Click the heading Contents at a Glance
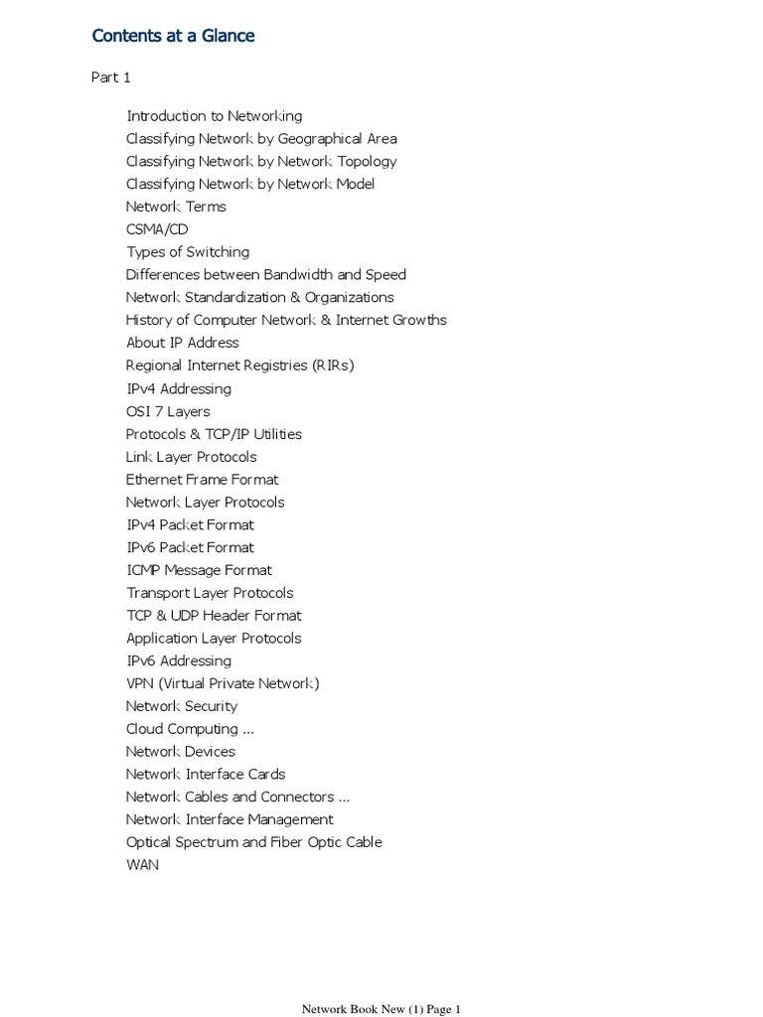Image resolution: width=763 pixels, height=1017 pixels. click(173, 36)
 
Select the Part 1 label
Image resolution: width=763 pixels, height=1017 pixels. click(111, 77)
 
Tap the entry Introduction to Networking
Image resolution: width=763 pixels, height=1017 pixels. click(214, 116)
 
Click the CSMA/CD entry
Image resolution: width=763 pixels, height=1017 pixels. click(157, 229)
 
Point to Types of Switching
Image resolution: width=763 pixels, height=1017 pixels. click(188, 252)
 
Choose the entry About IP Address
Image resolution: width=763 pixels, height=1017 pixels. click(182, 343)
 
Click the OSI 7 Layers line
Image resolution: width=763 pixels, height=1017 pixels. click(168, 411)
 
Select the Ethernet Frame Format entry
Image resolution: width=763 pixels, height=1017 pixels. click(202, 480)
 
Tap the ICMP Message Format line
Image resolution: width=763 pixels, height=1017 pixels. click(199, 570)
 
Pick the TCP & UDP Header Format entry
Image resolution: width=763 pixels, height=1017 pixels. click(214, 616)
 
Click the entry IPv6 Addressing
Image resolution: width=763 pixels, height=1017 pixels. click(179, 661)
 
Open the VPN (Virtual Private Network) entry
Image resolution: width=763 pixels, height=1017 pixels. click(223, 683)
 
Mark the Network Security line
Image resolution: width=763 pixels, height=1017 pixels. click(182, 706)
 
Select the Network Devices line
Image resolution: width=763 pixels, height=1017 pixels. click(181, 752)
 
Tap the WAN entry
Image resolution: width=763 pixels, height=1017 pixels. click(142, 865)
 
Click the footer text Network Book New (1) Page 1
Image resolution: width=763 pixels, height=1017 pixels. click(381, 1009)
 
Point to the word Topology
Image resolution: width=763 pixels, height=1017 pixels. click(364, 162)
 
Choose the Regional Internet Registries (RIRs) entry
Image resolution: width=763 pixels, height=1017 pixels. click(239, 365)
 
